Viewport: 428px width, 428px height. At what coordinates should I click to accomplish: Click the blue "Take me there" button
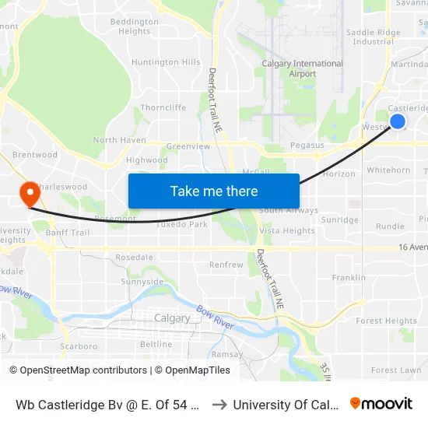(214, 191)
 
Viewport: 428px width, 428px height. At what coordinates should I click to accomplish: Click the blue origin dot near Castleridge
(397, 121)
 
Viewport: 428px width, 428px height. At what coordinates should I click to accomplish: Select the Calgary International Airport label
(302, 68)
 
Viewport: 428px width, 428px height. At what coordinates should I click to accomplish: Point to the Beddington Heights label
(134, 26)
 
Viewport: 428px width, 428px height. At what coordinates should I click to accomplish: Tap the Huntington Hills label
(166, 62)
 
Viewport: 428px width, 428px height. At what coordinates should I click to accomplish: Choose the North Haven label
(119, 140)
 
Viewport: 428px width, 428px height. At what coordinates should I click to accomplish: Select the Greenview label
(188, 146)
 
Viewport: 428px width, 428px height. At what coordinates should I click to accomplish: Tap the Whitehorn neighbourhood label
(388, 170)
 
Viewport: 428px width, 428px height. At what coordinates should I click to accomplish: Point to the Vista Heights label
(287, 230)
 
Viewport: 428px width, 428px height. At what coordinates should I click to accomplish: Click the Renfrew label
(226, 265)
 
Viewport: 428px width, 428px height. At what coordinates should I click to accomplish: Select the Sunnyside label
(142, 282)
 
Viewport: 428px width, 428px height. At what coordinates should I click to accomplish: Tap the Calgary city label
(172, 318)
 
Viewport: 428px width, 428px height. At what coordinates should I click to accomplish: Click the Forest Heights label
(386, 321)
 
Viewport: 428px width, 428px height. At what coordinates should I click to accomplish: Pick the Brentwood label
(35, 155)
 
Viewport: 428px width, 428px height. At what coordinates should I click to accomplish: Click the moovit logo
(381, 403)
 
